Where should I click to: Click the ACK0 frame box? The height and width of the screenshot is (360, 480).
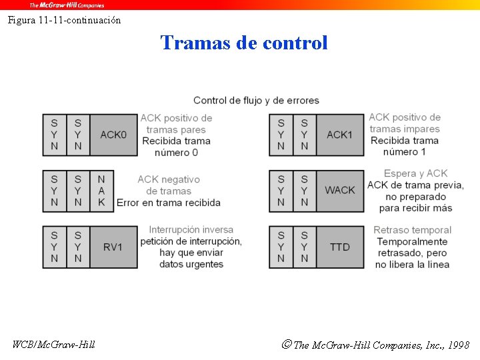113,135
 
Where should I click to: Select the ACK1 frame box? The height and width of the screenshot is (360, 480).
340,135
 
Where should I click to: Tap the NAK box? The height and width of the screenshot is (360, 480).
101,191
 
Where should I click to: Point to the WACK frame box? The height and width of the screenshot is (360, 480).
340,191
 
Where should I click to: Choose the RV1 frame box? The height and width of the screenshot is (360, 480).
113,247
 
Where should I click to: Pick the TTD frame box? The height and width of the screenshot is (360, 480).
340,247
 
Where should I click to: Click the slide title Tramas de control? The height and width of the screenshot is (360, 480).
244,43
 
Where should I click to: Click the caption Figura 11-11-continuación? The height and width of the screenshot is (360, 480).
65,20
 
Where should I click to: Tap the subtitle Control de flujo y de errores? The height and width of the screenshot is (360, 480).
256,101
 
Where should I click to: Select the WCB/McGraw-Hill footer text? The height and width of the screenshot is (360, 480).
54,345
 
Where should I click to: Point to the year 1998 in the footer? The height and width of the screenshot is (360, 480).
458,345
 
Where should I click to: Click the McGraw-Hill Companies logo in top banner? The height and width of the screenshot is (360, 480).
67,5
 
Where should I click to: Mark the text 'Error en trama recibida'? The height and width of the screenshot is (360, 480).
168,203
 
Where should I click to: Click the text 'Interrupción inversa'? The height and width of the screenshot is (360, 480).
191,230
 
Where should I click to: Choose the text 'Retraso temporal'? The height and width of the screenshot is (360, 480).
412,230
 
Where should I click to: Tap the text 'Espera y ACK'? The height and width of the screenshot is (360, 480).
415,173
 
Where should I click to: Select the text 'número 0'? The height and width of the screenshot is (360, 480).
176,153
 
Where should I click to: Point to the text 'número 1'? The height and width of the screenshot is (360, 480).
404,152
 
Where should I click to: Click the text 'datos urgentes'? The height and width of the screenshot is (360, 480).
191,265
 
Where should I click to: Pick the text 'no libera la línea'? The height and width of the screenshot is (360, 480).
412,265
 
